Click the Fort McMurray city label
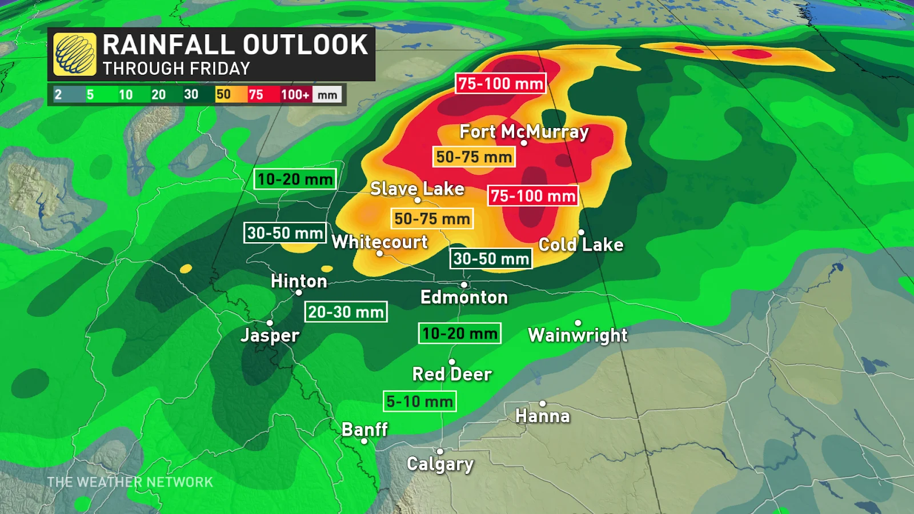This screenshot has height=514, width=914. pos(524,131)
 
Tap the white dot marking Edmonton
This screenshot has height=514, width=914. pos(464,284)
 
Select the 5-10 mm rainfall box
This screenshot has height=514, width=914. pos(420,401)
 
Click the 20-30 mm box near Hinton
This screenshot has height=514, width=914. pos(346,312)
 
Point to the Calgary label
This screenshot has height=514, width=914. pos(440,464)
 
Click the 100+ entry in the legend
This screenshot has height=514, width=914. pos(295,95)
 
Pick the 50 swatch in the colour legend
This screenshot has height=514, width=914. pos(223,95)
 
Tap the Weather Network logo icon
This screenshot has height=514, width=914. pos(75,54)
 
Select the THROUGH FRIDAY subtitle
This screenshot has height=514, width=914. pos(177,69)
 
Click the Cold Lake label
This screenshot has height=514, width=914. pos(581,244)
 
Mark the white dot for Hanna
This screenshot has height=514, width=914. pos(542,404)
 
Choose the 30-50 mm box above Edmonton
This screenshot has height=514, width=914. pos(491,259)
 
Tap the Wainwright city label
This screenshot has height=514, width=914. pos(578,335)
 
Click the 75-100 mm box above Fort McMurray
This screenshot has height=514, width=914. pos(500,83)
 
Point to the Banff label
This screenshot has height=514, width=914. pos(364,429)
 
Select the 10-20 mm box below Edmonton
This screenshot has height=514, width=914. pos(460,333)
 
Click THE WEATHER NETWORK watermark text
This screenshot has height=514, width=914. pos(130,482)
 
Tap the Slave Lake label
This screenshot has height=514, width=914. pos(417,188)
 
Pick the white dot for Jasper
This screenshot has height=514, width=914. pos(270,323)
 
